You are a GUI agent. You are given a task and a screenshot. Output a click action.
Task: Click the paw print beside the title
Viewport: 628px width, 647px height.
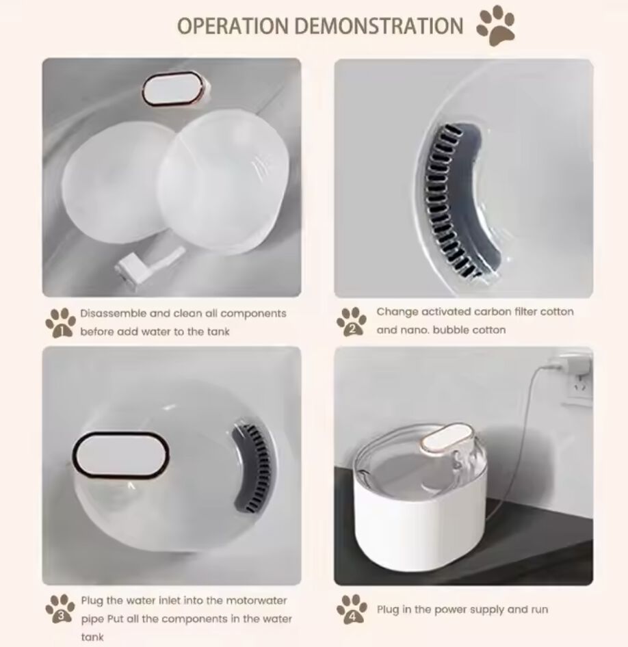coord(495,25)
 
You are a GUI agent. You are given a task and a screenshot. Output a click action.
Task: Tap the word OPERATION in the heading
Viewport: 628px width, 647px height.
coord(233,25)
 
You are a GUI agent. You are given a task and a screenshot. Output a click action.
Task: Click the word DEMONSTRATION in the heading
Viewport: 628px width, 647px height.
coord(379,25)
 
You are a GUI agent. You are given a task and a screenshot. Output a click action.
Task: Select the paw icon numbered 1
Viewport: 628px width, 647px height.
coord(61,323)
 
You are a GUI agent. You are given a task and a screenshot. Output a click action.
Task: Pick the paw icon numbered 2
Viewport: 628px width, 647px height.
coord(352,321)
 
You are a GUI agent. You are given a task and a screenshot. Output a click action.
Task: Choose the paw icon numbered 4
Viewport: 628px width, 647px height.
coord(352,609)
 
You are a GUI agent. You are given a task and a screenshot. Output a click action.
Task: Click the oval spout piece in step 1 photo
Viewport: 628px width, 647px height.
coord(176,90)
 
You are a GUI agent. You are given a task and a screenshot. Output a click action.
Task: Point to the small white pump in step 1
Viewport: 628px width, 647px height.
coord(149,265)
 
